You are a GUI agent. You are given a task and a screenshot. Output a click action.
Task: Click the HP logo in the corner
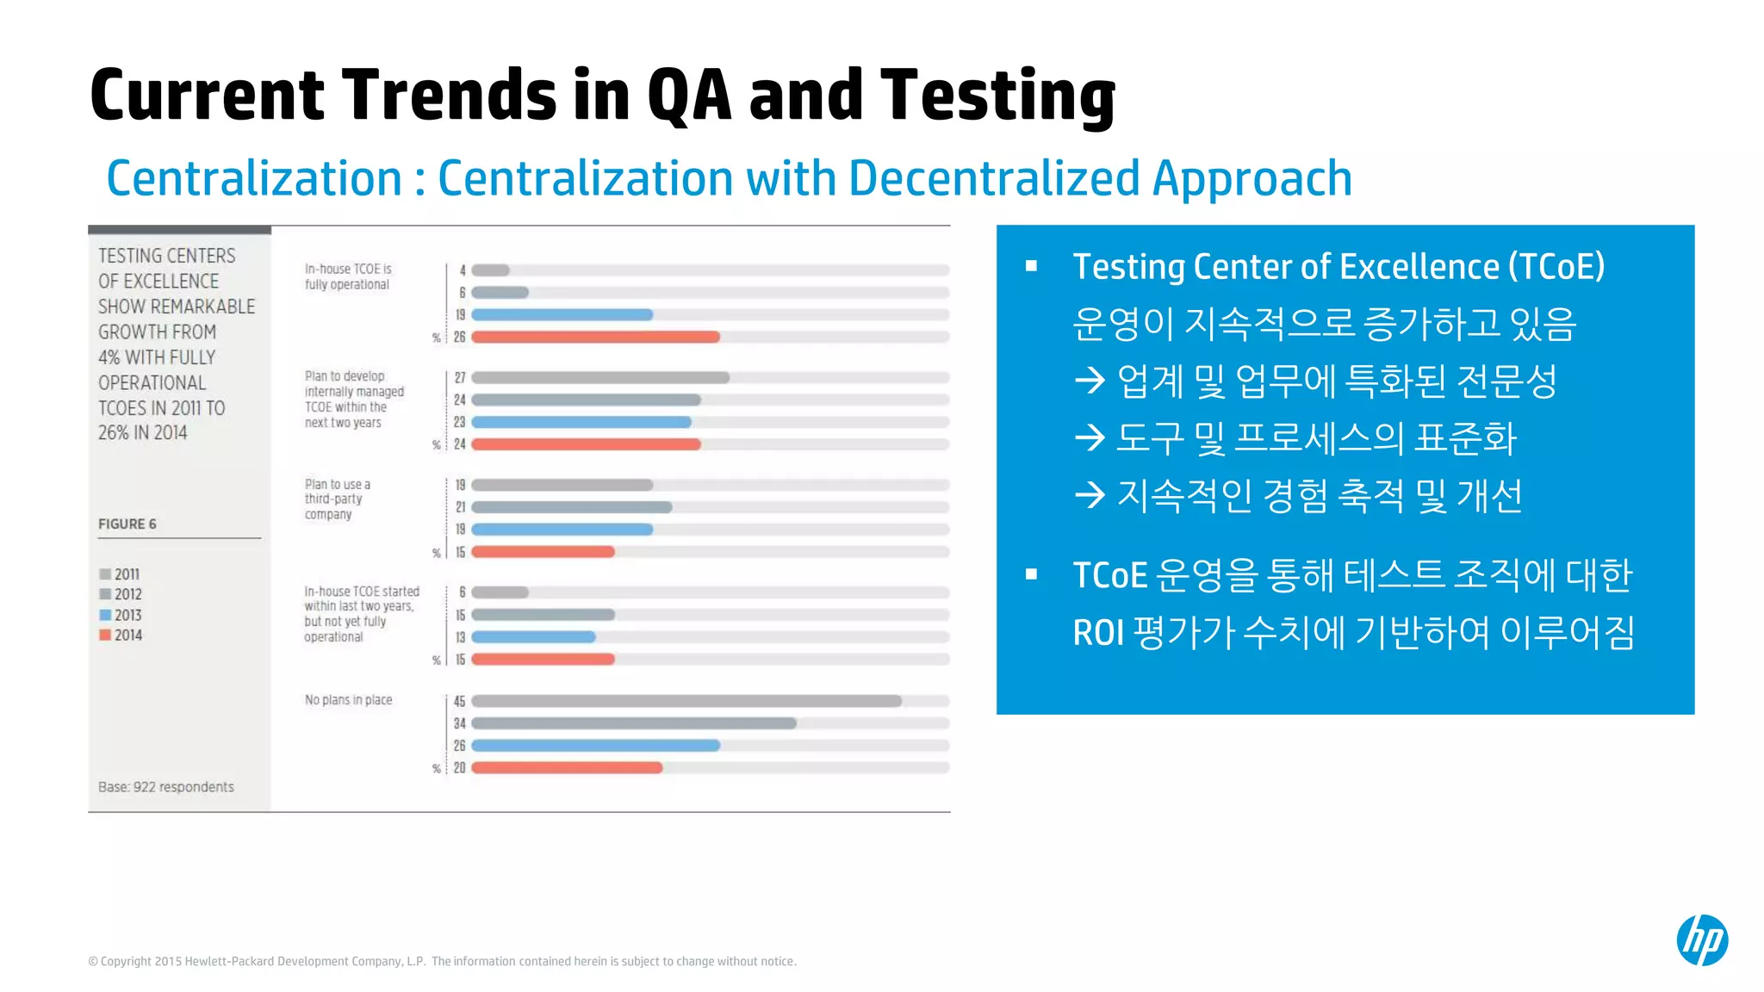[1701, 939]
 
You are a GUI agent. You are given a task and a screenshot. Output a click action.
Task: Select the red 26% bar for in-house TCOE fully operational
[594, 337]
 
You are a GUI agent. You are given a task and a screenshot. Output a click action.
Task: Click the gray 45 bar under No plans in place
[686, 701]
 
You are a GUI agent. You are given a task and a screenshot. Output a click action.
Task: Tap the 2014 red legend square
[105, 635]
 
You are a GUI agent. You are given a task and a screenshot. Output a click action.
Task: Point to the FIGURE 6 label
[127, 524]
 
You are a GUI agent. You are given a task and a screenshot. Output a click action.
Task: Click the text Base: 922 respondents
[166, 787]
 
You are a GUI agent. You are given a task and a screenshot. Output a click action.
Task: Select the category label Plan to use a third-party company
[337, 499]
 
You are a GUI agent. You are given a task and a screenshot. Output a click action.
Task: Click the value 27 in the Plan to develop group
[460, 377]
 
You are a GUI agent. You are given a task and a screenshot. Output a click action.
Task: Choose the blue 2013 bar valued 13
[533, 637]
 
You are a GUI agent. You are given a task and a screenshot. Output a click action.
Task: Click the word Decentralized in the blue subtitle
[995, 178]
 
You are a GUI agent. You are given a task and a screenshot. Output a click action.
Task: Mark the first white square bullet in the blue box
[1031, 266]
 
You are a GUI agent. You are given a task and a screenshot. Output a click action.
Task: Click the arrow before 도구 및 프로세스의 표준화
[1090, 437]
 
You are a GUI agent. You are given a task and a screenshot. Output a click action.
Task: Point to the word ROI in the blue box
[1098, 633]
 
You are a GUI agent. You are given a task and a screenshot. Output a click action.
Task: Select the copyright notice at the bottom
[442, 961]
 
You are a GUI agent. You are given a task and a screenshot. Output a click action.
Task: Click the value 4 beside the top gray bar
[463, 270]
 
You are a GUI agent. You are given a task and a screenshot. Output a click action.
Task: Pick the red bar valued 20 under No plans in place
[567, 767]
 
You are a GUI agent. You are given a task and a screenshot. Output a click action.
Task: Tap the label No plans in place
[348, 700]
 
